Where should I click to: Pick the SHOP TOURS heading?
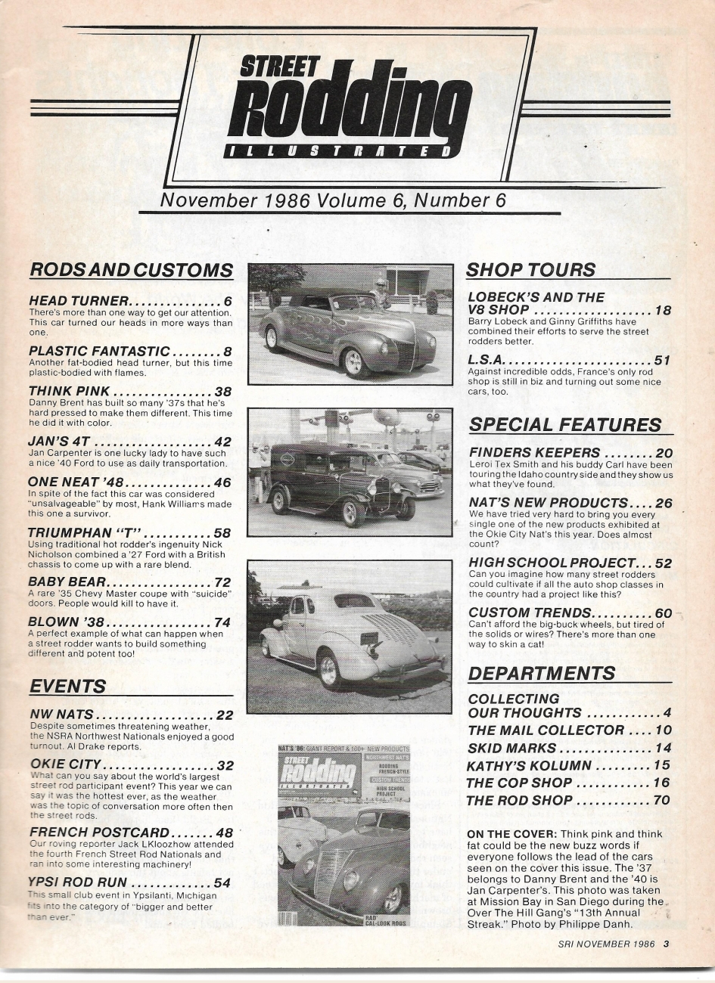tap(530, 269)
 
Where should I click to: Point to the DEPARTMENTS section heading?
tap(542, 673)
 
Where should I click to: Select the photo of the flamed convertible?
tap(349, 322)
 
